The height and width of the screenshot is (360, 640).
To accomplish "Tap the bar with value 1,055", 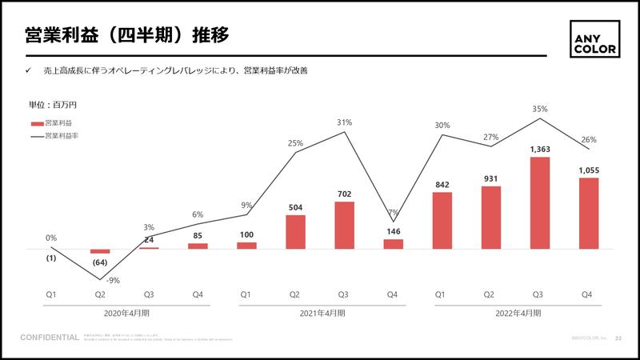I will tap(589, 214).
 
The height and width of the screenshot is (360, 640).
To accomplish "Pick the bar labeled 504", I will tap(296, 231).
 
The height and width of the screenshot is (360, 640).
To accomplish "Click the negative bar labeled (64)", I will tap(100, 251).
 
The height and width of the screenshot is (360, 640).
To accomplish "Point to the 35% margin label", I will tap(540, 109).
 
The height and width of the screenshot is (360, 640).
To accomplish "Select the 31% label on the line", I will tap(345, 122).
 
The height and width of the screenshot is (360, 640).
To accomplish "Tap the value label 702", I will tap(345, 194).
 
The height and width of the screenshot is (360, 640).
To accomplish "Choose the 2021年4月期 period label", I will tap(320, 313).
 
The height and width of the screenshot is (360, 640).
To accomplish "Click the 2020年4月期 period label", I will tap(125, 313).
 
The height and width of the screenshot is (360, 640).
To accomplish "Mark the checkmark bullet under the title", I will tap(28, 71).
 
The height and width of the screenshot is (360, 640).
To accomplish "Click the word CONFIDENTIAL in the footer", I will tap(50, 338).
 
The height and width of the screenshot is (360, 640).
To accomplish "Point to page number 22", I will tap(618, 338).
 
